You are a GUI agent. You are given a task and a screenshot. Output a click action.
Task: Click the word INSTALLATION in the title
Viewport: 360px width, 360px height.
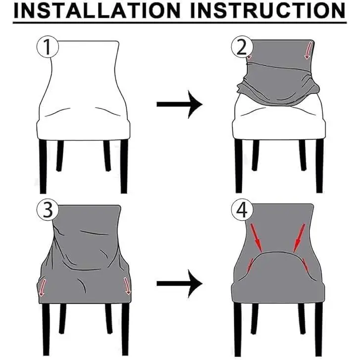[97, 10]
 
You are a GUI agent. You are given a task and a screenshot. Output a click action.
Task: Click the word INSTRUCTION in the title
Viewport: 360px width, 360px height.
[268, 10]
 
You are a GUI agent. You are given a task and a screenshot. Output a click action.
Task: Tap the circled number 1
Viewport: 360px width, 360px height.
[48, 47]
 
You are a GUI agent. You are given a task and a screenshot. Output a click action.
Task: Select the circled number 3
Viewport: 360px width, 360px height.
[48, 210]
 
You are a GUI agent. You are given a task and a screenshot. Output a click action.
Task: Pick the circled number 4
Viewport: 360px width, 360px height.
[242, 210]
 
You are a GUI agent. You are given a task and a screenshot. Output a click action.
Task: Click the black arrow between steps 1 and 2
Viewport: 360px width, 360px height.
[179, 104]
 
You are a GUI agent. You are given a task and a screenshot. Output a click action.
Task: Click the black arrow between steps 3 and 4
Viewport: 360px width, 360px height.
[179, 284]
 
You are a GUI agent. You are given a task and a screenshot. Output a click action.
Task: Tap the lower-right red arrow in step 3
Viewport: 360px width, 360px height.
[127, 286]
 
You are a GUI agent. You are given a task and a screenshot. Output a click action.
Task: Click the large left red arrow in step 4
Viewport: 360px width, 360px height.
[256, 238]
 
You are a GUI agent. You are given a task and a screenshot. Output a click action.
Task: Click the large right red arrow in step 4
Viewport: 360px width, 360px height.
[299, 238]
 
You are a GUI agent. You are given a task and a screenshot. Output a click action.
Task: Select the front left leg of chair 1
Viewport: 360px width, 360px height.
[43, 166]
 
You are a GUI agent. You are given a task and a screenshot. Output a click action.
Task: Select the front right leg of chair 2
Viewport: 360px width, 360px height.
[319, 166]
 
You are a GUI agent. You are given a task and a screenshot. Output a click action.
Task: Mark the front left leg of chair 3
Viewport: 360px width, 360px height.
[46, 329]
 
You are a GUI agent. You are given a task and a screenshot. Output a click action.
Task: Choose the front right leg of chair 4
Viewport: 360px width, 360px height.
[319, 329]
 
